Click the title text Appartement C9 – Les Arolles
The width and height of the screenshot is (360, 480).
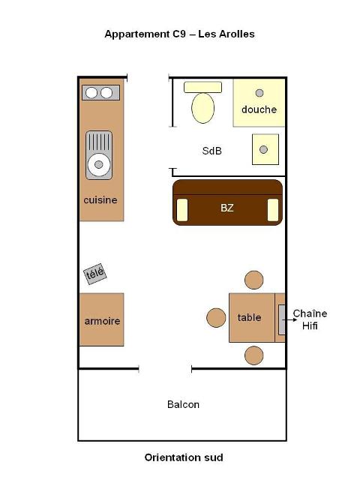tap(179, 34)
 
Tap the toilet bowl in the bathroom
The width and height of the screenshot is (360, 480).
tap(202, 108)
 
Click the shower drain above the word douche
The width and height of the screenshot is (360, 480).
tap(259, 93)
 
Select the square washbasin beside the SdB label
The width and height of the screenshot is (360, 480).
tap(265, 149)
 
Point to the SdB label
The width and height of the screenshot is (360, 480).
tap(211, 151)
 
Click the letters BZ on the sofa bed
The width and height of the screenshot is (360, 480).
tap(226, 208)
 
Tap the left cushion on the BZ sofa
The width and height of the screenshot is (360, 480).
tap(182, 210)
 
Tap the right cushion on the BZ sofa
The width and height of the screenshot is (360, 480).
tap(273, 210)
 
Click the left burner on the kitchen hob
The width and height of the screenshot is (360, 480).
tap(91, 93)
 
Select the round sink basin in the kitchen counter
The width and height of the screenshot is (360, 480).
tap(98, 165)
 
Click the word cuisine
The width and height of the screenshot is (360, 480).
tap(100, 200)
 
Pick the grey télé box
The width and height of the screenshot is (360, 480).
tap(95, 274)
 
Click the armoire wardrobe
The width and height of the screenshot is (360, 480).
tap(102, 319)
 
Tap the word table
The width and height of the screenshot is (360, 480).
tap(249, 317)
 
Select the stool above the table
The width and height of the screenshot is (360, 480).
tap(254, 280)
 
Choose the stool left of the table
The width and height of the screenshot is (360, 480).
tap(216, 318)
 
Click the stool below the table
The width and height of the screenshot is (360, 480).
tap(254, 355)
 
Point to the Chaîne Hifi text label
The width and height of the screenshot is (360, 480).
tap(310, 319)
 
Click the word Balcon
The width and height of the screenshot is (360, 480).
tap(183, 404)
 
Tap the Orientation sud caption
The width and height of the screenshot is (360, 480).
tap(184, 457)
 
